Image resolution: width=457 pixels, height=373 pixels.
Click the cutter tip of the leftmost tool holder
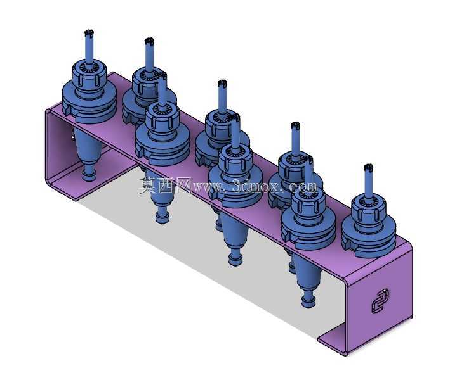pyautogui.click(x=89, y=33)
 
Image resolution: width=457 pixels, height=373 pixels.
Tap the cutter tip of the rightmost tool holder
pyautogui.click(x=368, y=167)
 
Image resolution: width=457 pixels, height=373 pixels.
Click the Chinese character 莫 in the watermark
pyautogui.click(x=148, y=186)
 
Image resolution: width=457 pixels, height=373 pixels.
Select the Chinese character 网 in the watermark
pyautogui.click(x=183, y=185)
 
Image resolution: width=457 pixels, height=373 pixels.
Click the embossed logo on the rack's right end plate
pyautogui.click(x=380, y=301)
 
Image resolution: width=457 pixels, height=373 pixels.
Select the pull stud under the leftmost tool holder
pyautogui.click(x=89, y=174)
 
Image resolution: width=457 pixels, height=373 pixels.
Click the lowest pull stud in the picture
pyautogui.click(x=308, y=300)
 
